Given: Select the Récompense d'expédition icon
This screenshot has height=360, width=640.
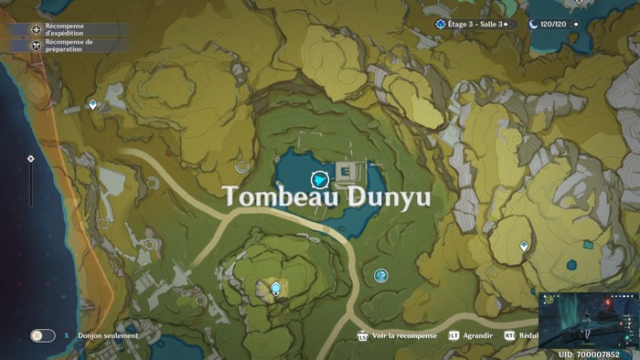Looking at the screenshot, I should point(37,29).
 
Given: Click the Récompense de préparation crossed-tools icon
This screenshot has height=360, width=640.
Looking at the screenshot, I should point(37,44).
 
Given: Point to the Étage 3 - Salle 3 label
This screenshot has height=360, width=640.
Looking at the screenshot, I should point(476,24).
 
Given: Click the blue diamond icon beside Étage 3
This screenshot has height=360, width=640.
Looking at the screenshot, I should point(441,24).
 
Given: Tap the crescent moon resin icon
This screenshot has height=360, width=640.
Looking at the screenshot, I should point(534,24).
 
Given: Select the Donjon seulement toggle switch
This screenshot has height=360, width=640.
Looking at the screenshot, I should point(42,335).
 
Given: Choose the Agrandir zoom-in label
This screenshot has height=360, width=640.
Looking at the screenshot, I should point(477,335).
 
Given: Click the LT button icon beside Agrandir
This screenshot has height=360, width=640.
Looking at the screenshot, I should point(453,335).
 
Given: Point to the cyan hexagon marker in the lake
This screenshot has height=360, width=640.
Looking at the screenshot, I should point(319,180).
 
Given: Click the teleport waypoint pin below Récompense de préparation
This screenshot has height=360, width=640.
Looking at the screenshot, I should point(93,106).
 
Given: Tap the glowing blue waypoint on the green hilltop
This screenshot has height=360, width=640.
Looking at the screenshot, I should point(276,290).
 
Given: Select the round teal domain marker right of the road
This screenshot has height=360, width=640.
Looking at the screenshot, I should point(381,275).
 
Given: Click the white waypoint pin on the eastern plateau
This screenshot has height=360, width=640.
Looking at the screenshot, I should point(524,246).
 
